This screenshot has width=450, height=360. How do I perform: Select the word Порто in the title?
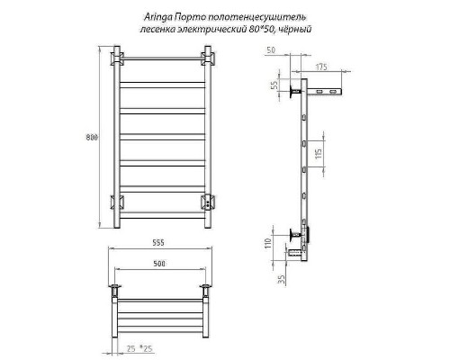pyautogui.click(x=196, y=16)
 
